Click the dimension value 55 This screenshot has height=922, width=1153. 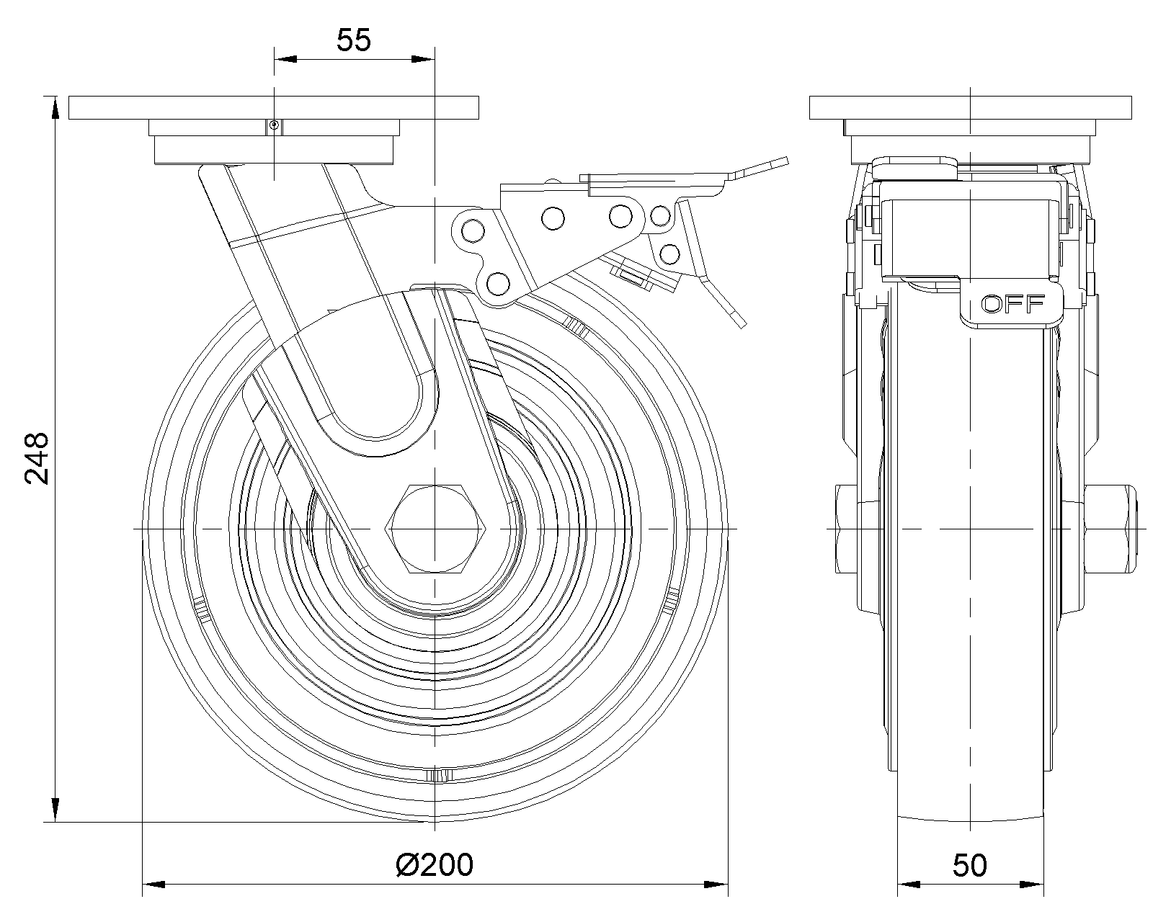(x=354, y=40)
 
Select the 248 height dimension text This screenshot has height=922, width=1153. (x=36, y=458)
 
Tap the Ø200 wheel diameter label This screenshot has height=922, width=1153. (x=435, y=864)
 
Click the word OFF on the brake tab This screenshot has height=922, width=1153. (x=1013, y=305)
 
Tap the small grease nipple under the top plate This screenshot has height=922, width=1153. (x=274, y=127)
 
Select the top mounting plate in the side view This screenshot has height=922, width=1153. (x=971, y=107)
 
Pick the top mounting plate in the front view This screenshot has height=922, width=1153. (x=274, y=107)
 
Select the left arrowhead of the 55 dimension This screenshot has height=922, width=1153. (x=285, y=59)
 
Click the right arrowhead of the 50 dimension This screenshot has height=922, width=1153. (x=1035, y=884)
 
